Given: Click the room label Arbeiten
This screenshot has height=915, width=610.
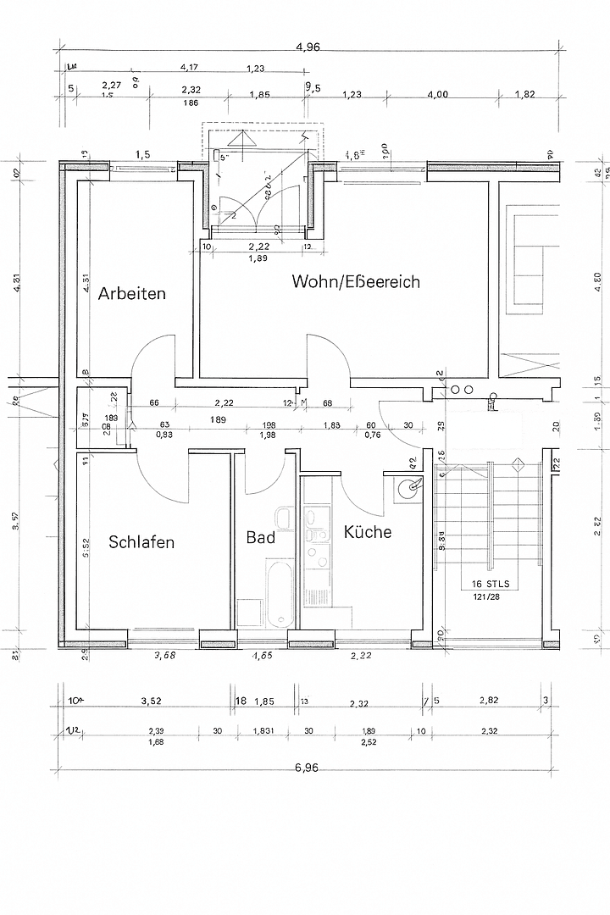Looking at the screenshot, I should tap(131, 294).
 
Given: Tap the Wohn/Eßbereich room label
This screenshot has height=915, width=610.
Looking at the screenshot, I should tap(356, 281).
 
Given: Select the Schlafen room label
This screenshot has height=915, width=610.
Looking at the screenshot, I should tap(141, 542).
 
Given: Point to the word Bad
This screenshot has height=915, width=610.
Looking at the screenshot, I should tap(260, 537).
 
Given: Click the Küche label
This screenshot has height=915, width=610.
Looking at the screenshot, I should tap(367, 532).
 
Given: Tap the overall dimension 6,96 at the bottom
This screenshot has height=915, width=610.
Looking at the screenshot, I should tap(306, 768).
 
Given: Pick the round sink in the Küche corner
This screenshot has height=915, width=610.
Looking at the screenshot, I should tap(411, 486).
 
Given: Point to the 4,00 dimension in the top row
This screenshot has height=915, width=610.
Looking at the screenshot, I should tap(437, 95).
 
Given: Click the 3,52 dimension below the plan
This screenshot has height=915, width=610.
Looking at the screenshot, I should tap(151, 701).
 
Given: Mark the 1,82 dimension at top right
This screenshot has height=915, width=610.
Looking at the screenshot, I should tap(524, 95).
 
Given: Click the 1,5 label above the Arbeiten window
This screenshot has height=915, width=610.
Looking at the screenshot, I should tap(142, 154).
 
